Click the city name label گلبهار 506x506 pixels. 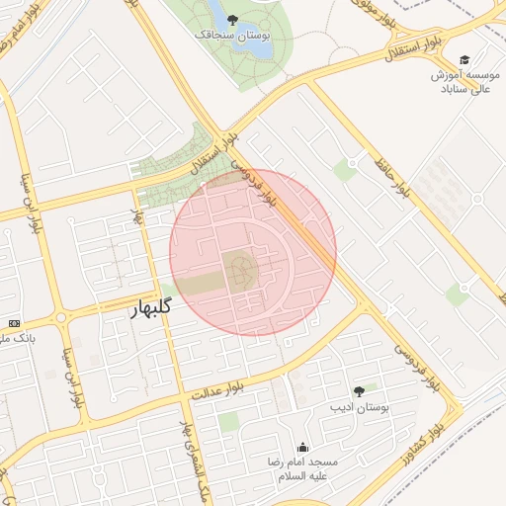[x=150, y=307]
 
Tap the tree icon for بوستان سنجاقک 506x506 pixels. [x=232, y=19]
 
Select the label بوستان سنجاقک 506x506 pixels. [x=232, y=35]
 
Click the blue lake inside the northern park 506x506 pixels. [x=215, y=13]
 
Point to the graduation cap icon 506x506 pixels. [x=464, y=59]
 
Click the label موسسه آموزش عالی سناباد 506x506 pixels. [x=464, y=82]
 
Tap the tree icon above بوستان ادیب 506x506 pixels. [x=359, y=391]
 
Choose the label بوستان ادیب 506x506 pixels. [x=360, y=407]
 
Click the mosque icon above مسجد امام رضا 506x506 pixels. [x=301, y=447]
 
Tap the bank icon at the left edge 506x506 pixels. [x=14, y=323]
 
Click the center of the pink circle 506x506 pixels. [x=253, y=252]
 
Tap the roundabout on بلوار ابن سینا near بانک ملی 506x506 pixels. [x=61, y=317]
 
